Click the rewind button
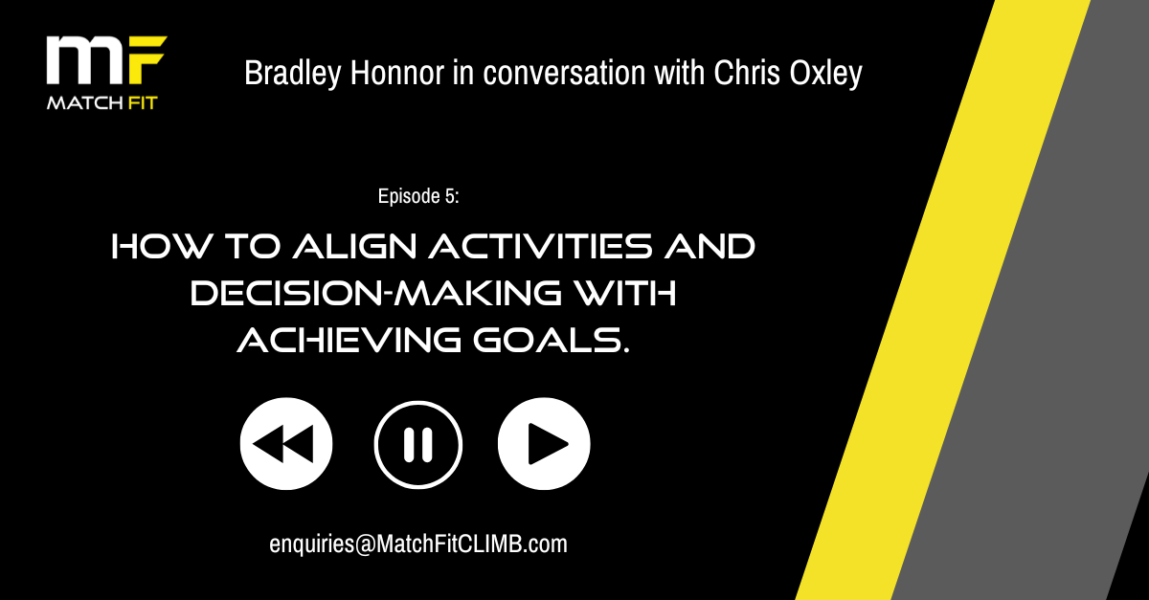tap(286, 444)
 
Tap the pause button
tap(418, 445)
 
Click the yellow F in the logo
tap(146, 60)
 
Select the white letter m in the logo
tap(86, 60)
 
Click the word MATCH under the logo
tap(84, 103)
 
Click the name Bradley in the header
tap(292, 74)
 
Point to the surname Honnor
tap(397, 73)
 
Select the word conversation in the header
tap(564, 73)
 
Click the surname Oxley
tap(825, 74)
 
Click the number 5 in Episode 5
tap(450, 196)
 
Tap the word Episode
tap(409, 197)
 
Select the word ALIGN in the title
tap(355, 247)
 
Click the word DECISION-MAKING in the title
tap(375, 294)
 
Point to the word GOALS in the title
tap(552, 341)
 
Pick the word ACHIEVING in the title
tap(349, 341)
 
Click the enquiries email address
tap(418, 544)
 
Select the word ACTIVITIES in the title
tap(541, 247)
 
